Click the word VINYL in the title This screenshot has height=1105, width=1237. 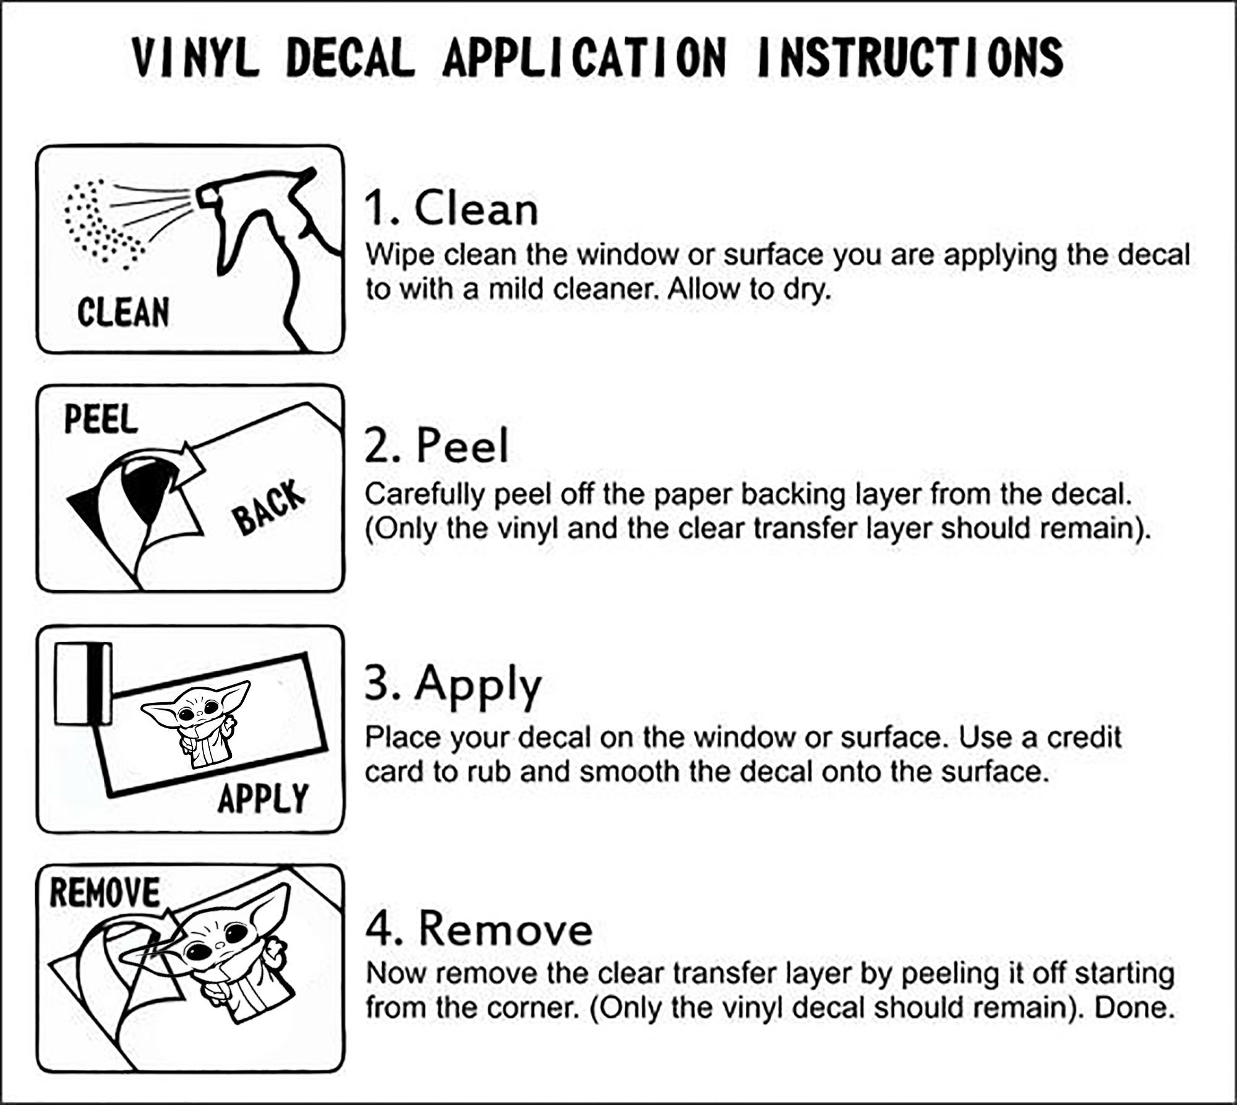tap(195, 57)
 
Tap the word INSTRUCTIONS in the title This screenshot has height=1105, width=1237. tap(910, 57)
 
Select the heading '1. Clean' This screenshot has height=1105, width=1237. tap(452, 209)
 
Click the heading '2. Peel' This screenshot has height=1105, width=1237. tap(437, 445)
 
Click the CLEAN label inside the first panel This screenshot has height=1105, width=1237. tap(124, 312)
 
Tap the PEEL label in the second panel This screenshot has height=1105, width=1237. tap(101, 419)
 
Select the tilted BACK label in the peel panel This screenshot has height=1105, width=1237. tap(270, 507)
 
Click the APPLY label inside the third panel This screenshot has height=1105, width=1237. tap(263, 798)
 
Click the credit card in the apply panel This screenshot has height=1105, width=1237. tap(83, 684)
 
